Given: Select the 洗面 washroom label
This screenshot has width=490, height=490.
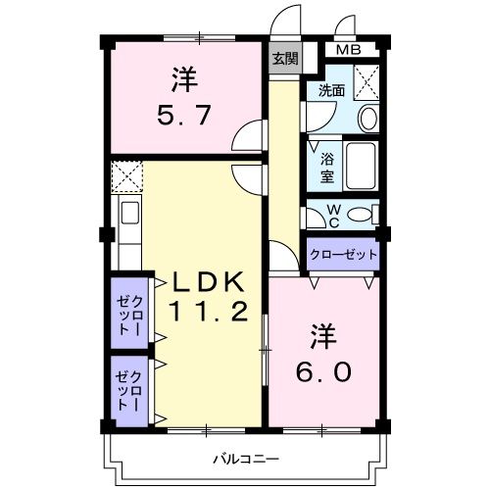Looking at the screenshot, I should (x=330, y=91).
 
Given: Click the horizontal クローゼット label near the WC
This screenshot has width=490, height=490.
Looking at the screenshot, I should (x=343, y=255).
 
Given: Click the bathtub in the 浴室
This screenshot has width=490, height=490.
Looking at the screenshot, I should (x=364, y=167).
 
